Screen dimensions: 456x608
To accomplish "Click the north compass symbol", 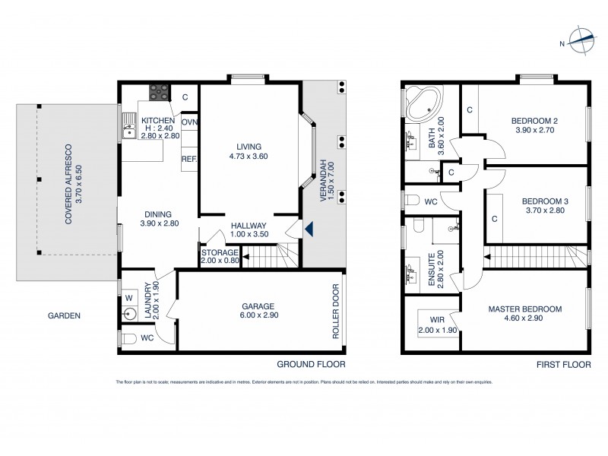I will [583, 42].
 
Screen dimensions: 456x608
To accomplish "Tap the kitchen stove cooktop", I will [160, 93].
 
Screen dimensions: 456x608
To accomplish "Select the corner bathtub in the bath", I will [417, 104].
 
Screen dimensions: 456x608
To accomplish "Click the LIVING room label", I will [248, 146].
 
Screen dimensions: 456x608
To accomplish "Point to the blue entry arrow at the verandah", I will [308, 227].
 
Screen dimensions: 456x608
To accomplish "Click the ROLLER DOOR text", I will [335, 312].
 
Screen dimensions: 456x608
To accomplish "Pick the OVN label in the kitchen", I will [189, 122].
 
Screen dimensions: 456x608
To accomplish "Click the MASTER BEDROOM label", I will [524, 309].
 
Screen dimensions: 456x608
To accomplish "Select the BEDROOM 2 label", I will [534, 120].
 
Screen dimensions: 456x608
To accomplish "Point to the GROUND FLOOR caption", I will [310, 363].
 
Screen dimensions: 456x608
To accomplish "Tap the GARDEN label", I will [64, 315].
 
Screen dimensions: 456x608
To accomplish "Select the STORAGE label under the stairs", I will [219, 252].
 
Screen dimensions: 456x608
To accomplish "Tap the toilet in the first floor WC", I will [414, 201].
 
